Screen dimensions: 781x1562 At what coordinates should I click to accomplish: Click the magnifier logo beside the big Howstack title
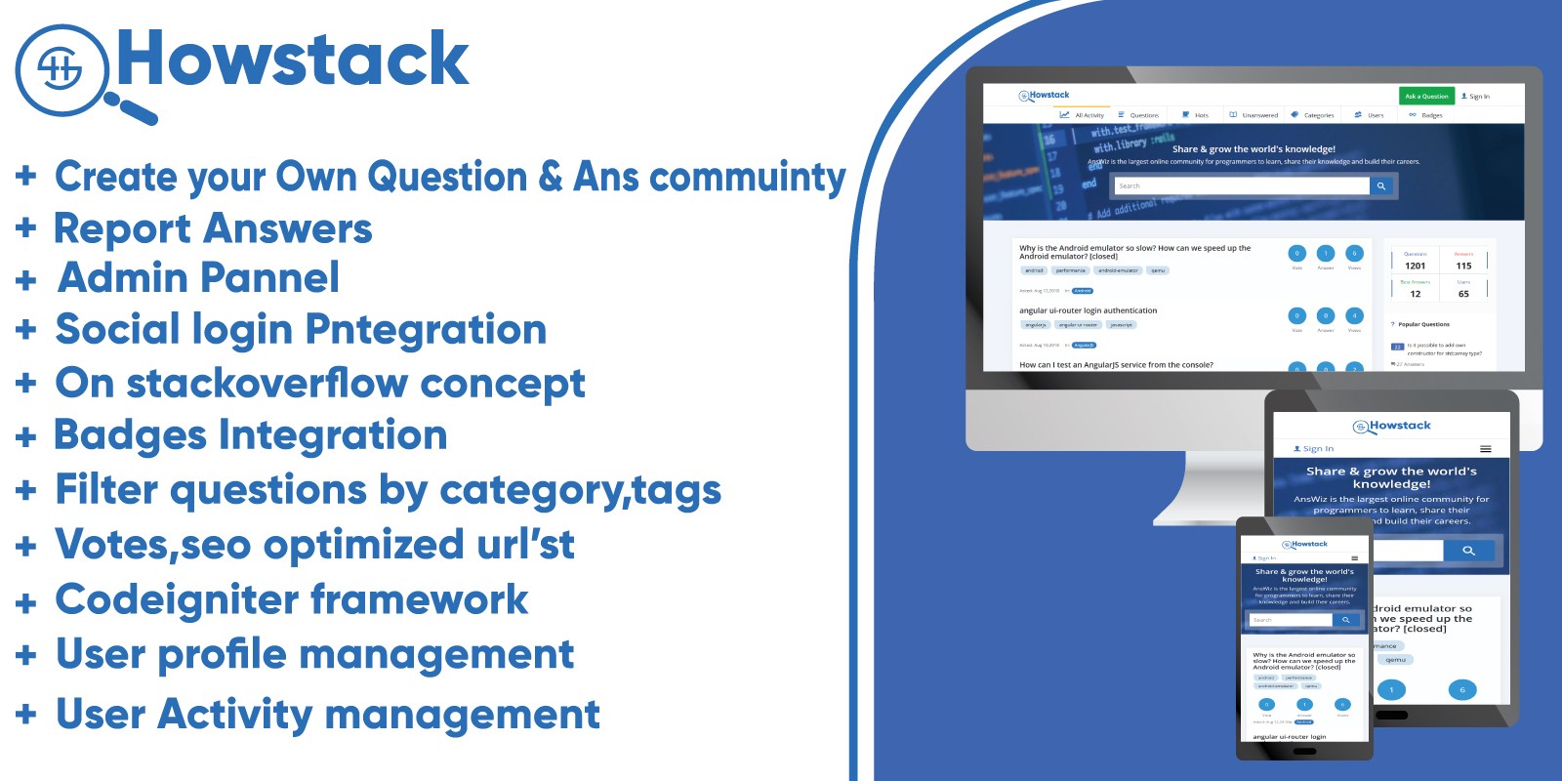coord(62,69)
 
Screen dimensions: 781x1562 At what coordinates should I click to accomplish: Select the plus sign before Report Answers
coord(26,227)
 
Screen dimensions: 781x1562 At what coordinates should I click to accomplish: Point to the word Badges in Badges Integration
coord(130,435)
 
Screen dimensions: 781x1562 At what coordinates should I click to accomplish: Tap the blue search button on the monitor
coord(1380,185)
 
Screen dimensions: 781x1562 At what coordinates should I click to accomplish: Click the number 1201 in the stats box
coord(1415,266)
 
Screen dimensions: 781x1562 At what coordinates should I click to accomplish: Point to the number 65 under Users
coord(1463,294)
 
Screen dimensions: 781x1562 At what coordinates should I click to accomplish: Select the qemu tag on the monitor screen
coord(1158,270)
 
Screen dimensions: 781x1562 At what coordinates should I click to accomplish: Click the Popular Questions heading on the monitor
coord(1423,324)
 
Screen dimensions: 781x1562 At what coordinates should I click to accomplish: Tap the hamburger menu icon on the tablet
coord(1485,449)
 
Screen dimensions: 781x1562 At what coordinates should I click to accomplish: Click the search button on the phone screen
coord(1345,620)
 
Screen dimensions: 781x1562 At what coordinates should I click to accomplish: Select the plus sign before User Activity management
coord(26,714)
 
